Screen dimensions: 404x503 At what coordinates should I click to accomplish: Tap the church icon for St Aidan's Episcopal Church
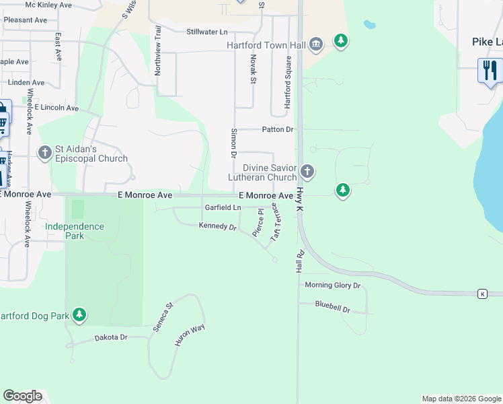(45, 153)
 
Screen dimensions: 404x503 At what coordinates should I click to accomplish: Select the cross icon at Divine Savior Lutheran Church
(307, 171)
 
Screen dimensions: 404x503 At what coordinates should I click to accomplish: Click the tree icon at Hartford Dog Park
(79, 314)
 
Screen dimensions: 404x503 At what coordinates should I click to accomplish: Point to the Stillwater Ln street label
(207, 32)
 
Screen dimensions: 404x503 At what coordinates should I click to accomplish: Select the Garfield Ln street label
(223, 207)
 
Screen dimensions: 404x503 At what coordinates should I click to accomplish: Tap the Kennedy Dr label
(218, 226)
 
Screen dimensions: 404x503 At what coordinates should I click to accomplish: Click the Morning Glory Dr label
(333, 285)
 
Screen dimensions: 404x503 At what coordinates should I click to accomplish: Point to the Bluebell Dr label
(333, 304)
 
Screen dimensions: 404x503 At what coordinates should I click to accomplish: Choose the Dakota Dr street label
(111, 337)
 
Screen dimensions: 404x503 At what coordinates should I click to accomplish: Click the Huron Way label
(190, 335)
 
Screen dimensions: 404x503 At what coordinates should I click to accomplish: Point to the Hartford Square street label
(288, 82)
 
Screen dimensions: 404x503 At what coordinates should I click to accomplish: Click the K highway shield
(482, 294)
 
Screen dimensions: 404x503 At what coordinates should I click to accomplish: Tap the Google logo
(22, 396)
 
